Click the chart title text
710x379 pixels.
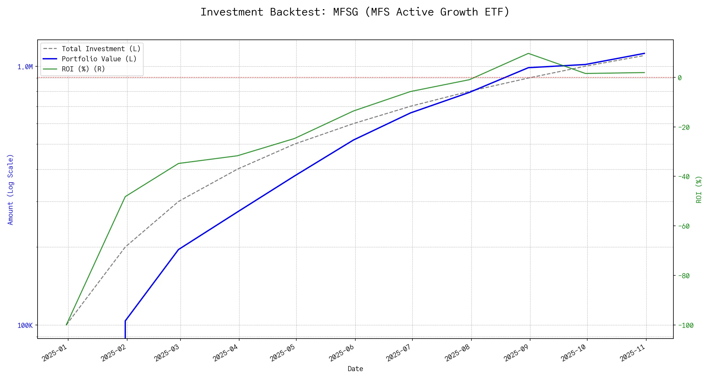[355, 12]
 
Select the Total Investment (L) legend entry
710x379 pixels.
[101, 49]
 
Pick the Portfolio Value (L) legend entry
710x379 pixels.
[99, 59]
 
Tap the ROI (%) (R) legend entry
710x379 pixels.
[83, 69]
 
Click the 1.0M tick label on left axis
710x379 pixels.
[25, 67]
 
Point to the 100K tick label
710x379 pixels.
[25, 326]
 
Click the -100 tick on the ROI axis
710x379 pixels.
[685, 326]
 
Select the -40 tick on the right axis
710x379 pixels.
[683, 177]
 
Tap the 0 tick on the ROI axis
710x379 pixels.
[680, 78]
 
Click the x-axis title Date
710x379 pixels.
[355, 369]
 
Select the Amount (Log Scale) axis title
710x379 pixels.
[10, 189]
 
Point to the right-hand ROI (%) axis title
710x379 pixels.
[699, 189]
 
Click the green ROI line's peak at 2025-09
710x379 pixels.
[528, 53]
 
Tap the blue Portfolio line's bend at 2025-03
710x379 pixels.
[179, 249]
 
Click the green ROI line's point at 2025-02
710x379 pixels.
[126, 196]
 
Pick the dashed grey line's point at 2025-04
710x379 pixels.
[238, 169]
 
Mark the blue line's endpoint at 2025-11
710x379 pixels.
[644, 53]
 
